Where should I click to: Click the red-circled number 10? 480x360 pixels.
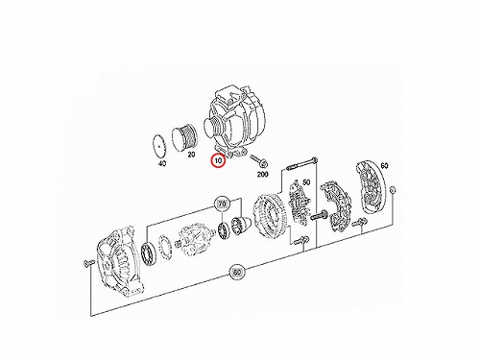(x=218, y=161)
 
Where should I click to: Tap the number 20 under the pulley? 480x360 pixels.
(x=191, y=155)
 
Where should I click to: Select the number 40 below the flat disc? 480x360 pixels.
(x=162, y=164)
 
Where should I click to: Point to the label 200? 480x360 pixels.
(x=263, y=175)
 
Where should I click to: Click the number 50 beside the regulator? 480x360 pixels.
(x=306, y=182)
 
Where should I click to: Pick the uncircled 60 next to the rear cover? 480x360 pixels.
(x=384, y=166)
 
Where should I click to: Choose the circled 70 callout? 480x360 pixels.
(x=222, y=204)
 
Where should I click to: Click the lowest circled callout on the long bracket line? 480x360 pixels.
(x=237, y=273)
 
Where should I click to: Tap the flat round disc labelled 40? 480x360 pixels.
(x=159, y=146)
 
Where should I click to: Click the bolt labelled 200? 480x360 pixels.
(x=258, y=161)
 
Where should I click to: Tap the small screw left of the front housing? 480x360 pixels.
(x=87, y=263)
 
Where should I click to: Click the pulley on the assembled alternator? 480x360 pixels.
(x=213, y=129)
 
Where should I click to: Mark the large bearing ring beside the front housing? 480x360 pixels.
(x=149, y=254)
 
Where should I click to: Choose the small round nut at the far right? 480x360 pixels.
(x=394, y=191)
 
